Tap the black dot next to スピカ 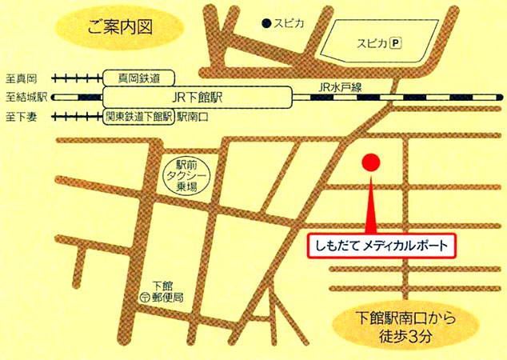click(266, 25)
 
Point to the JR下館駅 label click(197, 97)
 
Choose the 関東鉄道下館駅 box click(139, 116)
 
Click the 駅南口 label click(193, 116)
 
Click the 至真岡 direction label click(22, 79)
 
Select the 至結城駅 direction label click(25, 98)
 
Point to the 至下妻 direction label click(22, 117)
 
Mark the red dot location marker click(369, 162)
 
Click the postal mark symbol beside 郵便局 click(144, 297)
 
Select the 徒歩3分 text click(408, 337)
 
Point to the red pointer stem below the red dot click(369, 204)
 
